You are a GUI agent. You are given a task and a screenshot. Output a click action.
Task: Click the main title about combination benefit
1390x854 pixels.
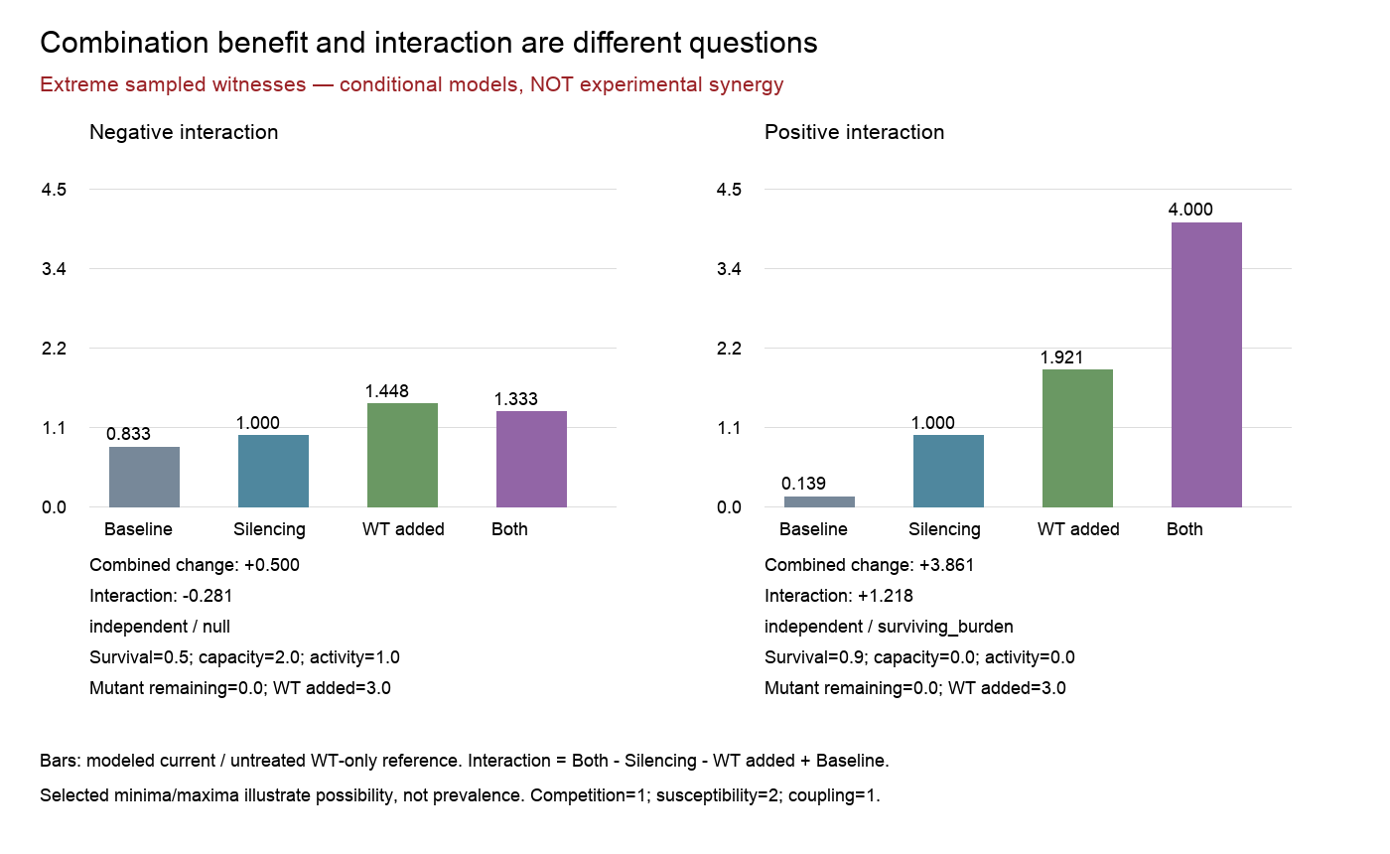coord(428,44)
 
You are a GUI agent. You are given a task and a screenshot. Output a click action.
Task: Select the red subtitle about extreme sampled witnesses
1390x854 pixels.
coord(411,84)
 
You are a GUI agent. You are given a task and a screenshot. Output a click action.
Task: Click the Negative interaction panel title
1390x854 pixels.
coord(184,132)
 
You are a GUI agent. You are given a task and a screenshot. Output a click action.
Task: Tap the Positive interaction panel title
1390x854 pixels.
coord(854,132)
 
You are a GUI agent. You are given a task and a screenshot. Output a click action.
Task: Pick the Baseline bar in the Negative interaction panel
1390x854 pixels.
coord(145,477)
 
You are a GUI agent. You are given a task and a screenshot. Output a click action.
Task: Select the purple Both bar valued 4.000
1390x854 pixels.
coord(1206,365)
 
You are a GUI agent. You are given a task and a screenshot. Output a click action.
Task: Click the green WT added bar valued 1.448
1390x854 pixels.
coord(402,455)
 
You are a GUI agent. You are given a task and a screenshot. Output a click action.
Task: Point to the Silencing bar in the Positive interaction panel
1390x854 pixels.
coord(948,471)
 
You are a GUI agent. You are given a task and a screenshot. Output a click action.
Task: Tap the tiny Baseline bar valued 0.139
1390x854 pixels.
coord(819,502)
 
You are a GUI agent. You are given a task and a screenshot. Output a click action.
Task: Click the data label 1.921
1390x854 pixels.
coord(1061,357)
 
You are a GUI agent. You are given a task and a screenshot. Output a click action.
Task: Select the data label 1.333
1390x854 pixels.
coord(515,399)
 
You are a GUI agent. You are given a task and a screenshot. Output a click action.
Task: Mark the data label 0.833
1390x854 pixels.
coord(128,434)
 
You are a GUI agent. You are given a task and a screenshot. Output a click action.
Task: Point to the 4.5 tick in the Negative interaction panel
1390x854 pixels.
coord(54,190)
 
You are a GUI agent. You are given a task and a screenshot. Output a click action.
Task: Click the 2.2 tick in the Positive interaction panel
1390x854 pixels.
coord(729,349)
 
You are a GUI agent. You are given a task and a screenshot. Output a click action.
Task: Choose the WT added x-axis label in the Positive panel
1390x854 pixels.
coord(1078,529)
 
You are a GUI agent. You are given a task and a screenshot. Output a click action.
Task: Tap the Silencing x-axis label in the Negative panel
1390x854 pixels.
coord(269,529)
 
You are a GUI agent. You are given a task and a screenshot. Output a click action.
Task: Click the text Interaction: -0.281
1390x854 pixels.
coord(161,596)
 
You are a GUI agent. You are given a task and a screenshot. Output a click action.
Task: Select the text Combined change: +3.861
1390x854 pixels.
coord(870,565)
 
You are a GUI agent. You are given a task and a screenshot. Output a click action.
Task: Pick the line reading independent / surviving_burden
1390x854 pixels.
coord(889,627)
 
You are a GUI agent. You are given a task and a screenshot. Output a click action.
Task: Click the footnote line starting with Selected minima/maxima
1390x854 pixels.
coord(460,795)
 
